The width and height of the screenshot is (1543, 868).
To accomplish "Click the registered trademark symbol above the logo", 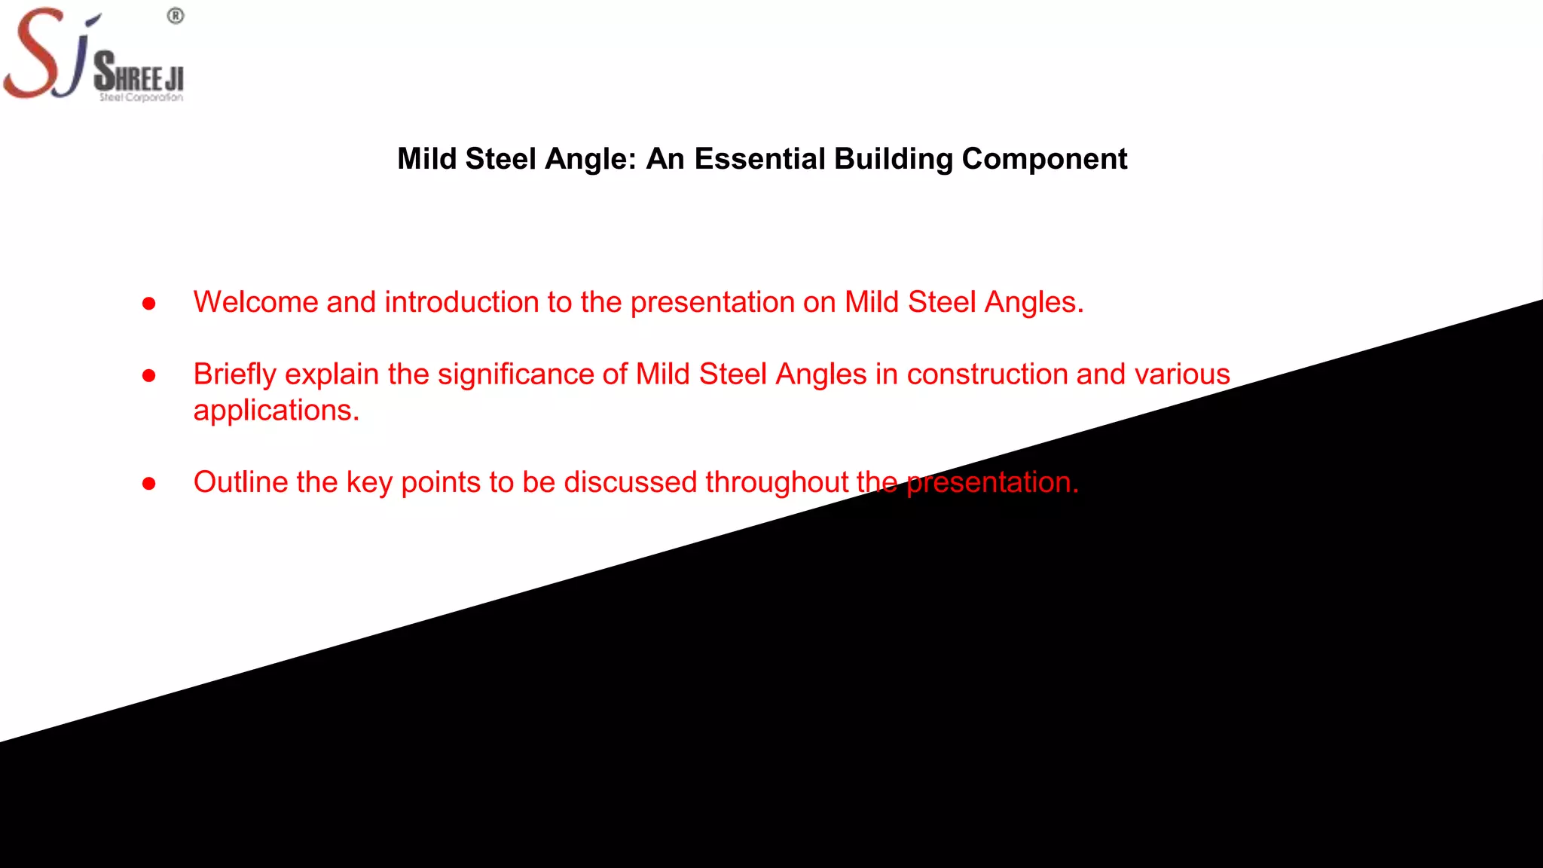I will click(176, 16).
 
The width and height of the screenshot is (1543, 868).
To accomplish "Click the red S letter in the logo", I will click(34, 53).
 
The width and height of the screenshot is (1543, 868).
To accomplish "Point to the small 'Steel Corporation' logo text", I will click(141, 97).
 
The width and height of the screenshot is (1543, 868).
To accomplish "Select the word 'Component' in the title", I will click(1044, 159).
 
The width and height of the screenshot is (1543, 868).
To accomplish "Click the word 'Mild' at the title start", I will click(426, 159).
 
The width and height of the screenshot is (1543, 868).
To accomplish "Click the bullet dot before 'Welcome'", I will click(149, 304).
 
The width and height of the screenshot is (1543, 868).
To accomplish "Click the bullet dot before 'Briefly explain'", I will click(149, 375).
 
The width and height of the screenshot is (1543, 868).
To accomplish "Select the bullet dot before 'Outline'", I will click(149, 484).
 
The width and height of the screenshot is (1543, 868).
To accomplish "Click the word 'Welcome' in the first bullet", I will click(255, 302).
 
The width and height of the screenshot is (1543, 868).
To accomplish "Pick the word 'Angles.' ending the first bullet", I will click(1034, 303).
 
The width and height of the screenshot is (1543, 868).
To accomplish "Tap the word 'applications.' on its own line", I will click(276, 411).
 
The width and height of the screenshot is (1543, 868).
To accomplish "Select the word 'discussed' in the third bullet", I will click(630, 482).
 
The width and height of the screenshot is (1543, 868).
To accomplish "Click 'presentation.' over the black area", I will click(992, 482).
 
